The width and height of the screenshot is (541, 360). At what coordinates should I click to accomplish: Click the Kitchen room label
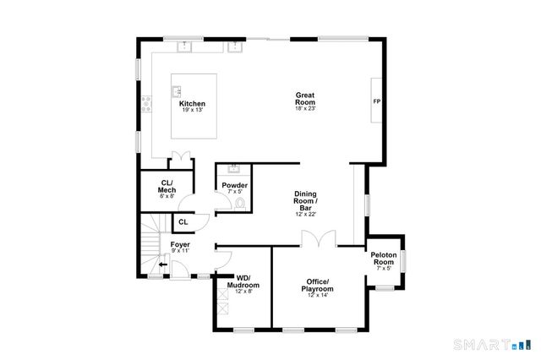(x=192, y=104)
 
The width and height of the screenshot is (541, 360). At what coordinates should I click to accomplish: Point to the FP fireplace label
(x=376, y=101)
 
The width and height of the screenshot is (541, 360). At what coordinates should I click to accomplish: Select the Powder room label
(x=234, y=185)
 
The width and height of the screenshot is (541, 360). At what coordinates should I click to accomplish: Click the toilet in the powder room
(x=241, y=203)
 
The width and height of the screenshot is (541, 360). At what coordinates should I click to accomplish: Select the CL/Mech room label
(x=167, y=187)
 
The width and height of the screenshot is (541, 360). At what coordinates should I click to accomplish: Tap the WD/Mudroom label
(x=243, y=282)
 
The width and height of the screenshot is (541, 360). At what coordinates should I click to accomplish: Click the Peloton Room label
(x=384, y=259)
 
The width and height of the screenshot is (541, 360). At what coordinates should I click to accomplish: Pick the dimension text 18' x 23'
(x=305, y=108)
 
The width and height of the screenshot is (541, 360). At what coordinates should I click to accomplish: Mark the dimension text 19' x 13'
(x=192, y=110)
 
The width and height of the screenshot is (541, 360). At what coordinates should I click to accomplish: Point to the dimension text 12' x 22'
(x=305, y=214)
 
